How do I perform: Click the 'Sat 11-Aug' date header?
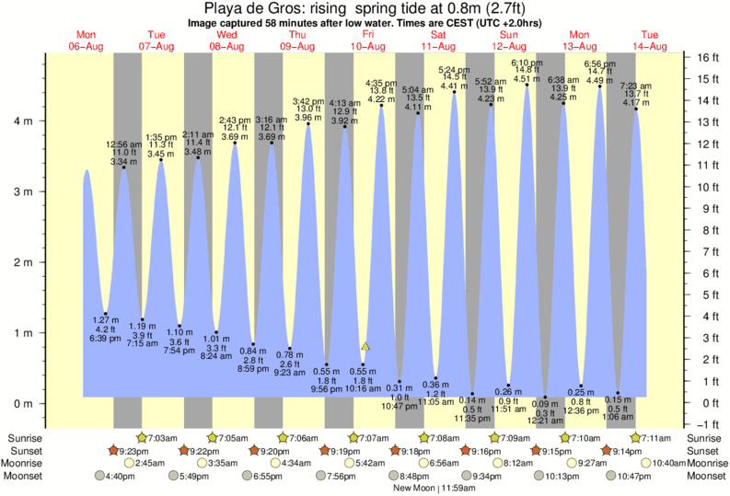click(x=438, y=40)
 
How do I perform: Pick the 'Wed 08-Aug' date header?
click(x=226, y=40)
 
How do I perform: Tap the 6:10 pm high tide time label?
click(x=526, y=61)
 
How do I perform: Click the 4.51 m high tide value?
click(x=526, y=79)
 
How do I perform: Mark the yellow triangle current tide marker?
click(x=365, y=346)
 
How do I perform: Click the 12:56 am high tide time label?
click(x=123, y=144)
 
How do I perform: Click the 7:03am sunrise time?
click(x=163, y=438)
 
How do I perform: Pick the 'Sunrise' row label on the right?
click(x=706, y=438)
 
